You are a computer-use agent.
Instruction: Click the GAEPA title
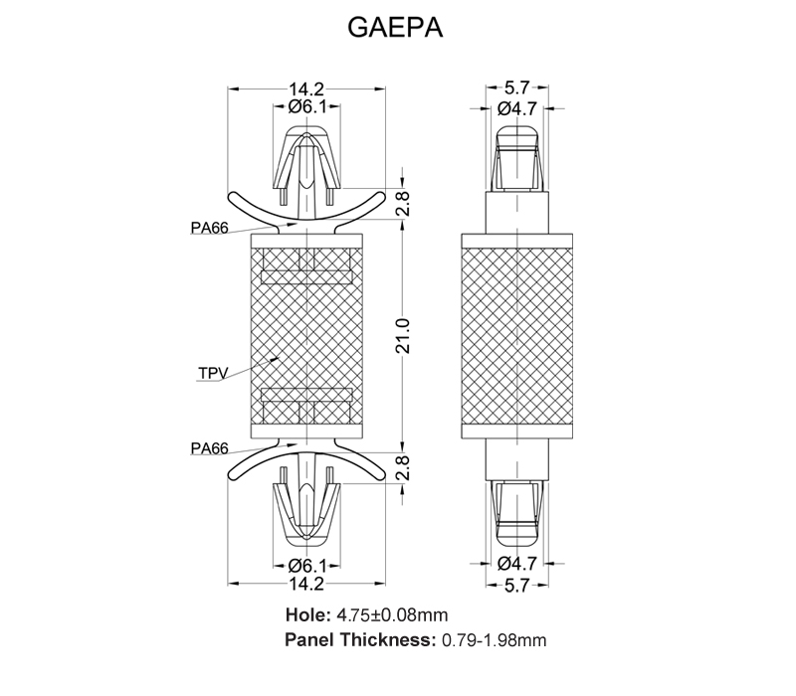coord(395,28)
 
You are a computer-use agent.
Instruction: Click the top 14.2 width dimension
coord(306,89)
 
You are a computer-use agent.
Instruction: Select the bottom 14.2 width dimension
coord(306,584)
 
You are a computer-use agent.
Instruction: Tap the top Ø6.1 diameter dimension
coord(307,107)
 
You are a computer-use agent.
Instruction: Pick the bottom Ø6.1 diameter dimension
coord(307,565)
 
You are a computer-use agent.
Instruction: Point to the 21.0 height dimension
coord(403,335)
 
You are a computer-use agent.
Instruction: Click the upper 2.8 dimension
coord(403,204)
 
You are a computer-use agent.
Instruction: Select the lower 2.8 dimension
coord(403,467)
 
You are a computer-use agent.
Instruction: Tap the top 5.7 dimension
coord(516,87)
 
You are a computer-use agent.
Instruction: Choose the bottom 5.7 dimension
coord(516,586)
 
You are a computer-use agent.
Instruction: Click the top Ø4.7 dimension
coord(516,108)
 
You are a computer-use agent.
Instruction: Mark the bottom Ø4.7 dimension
coord(516,563)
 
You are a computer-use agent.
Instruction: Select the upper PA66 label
coord(210,228)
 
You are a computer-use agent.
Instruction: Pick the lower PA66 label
coord(210,448)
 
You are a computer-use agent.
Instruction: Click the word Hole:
coord(308,614)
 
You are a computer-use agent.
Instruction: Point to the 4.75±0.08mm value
coord(392,614)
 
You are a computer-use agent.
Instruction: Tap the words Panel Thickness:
coord(360,639)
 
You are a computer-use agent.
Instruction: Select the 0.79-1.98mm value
coord(495,640)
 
